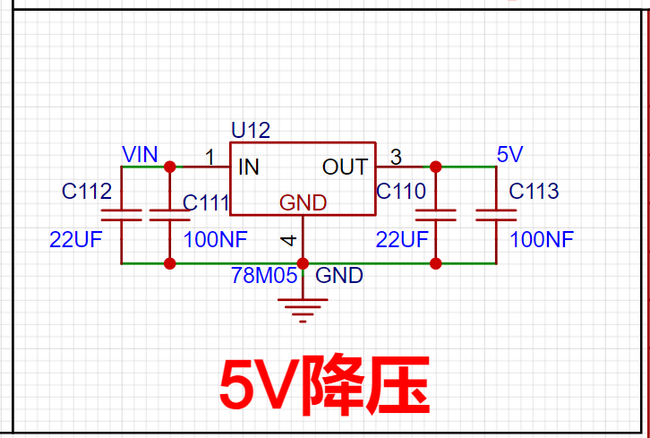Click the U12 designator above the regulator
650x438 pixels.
coord(251,130)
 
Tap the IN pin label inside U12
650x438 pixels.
coord(249,167)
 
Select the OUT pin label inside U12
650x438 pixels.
coord(345,167)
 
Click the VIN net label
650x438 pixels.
coord(140,154)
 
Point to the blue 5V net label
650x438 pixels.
coord(510,154)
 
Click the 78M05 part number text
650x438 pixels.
coord(264,275)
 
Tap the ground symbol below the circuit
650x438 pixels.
coord(303,310)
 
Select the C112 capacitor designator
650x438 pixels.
coord(87,191)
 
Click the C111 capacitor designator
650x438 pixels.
coord(206,202)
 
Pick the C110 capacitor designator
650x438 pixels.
coord(401,191)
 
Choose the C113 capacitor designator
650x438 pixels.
coord(534,191)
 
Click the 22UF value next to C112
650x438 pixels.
coord(76,240)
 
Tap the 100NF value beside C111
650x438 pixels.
coord(215,240)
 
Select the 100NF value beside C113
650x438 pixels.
coord(542,240)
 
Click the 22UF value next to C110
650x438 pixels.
coord(402,240)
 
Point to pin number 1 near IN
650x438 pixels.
coord(210,158)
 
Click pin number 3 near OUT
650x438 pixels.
coord(397,158)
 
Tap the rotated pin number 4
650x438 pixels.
coord(289,240)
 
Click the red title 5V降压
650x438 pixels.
coord(325,385)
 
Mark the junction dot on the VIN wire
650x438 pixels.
coord(169,167)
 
